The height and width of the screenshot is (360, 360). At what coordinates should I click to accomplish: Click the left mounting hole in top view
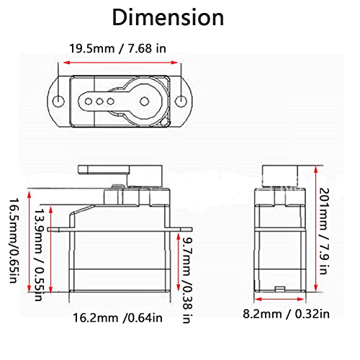[57, 98]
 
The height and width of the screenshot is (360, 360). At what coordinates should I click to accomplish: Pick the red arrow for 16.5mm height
[27, 239]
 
